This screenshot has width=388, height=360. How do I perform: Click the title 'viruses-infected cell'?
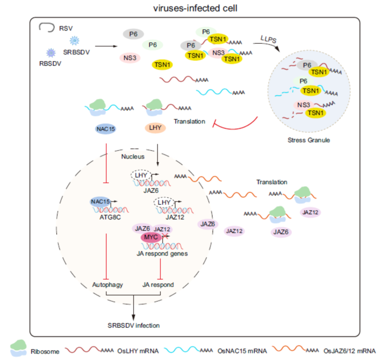point(194,8)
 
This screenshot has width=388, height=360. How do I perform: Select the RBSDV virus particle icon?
point(51,52)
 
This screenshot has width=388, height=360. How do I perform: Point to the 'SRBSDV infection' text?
point(133,326)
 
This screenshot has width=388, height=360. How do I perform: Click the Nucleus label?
point(132,157)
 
